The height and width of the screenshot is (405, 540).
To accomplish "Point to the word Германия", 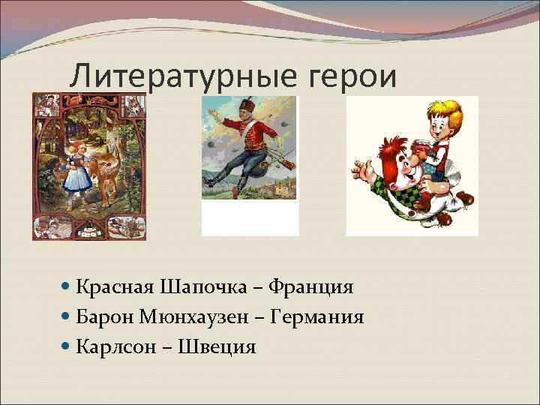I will tap(320, 317).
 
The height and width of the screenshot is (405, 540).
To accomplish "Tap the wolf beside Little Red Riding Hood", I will tap(108, 169).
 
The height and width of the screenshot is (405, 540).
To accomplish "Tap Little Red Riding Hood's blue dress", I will tap(77, 180).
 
